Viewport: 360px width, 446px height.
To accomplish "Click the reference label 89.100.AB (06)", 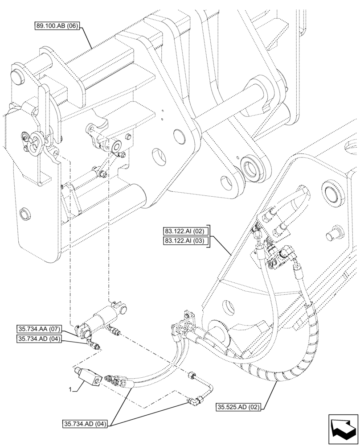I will (57, 26).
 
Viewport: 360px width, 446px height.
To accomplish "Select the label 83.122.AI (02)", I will (184, 231).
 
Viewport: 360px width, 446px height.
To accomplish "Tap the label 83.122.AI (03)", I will (184, 241).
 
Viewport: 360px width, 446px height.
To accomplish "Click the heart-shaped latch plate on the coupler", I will (35, 142).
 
